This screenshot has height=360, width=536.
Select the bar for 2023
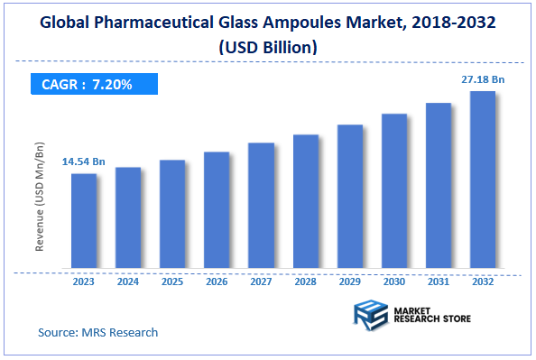(84, 221)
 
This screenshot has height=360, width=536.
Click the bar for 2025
(172, 215)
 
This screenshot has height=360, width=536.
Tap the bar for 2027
(261, 206)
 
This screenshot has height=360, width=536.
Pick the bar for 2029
(350, 197)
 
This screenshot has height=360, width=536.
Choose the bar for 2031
(439, 186)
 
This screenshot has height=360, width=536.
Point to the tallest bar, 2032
(483, 180)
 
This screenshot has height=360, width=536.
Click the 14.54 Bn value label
(84, 162)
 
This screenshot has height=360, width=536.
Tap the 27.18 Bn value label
(483, 80)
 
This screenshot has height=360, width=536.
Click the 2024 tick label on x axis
(128, 282)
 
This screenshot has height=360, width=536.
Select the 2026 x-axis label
(217, 282)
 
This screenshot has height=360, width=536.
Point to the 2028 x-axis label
(306, 282)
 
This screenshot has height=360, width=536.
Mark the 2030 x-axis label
(394, 282)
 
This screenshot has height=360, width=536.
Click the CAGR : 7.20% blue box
(88, 85)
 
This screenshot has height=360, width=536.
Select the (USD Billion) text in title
(268, 44)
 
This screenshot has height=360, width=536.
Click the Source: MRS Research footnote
(97, 332)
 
